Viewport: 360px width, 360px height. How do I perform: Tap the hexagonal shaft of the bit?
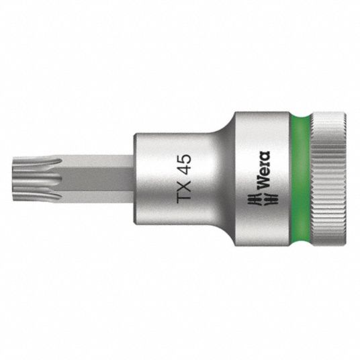click(x=97, y=179)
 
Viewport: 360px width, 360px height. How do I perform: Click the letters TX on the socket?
click(x=184, y=191)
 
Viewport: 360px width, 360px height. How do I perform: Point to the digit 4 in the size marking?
click(x=184, y=171)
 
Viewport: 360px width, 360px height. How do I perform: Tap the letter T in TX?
click(x=184, y=198)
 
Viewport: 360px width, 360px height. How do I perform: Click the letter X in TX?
click(x=184, y=185)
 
